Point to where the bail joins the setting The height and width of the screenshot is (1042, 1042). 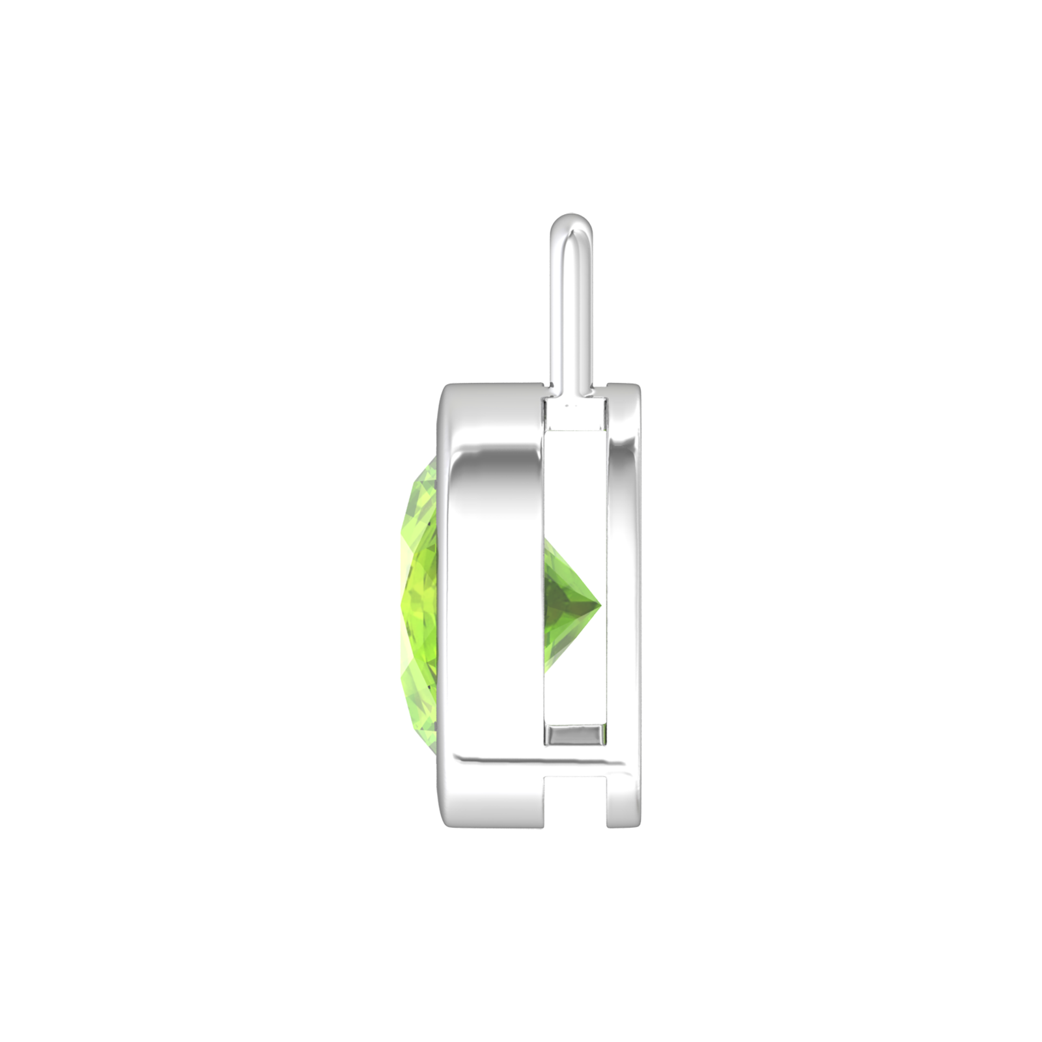click(572, 387)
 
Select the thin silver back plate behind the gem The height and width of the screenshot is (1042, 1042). click(625, 573)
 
